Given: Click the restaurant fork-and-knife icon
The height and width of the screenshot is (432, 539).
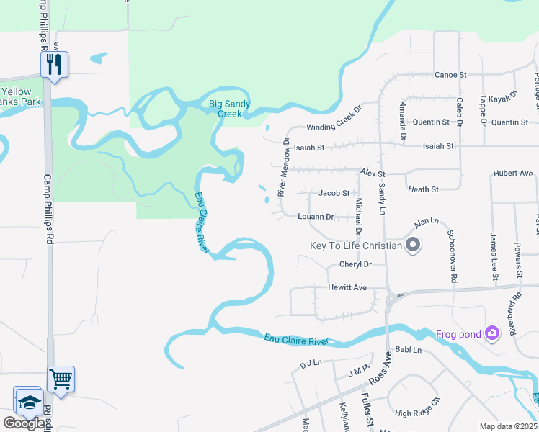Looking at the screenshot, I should [54, 64].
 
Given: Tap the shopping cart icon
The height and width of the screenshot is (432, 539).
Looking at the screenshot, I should [61, 378].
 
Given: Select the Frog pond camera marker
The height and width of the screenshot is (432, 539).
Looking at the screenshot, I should [492, 333].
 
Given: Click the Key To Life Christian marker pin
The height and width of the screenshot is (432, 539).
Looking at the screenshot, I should [413, 246].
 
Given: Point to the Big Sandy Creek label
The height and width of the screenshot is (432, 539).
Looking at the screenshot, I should [230, 109].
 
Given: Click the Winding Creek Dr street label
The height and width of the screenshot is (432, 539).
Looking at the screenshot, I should [332, 127].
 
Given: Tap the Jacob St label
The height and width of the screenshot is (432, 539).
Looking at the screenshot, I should [334, 193].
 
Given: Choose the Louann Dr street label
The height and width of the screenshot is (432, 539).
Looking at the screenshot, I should [316, 216].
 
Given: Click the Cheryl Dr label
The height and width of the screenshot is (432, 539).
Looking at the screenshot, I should [355, 264].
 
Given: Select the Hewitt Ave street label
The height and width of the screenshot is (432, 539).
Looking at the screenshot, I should [347, 287].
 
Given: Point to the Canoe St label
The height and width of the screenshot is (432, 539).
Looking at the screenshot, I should [451, 74].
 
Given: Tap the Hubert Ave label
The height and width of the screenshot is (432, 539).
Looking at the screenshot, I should [512, 174].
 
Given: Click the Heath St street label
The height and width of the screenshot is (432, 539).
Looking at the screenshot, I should [423, 189].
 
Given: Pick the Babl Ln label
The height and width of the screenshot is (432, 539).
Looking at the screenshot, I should [407, 350].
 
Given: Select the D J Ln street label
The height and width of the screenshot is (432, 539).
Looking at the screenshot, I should [311, 363].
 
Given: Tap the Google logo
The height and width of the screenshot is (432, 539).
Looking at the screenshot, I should [23, 423].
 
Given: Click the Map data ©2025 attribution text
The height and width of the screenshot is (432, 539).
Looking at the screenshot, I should [507, 426].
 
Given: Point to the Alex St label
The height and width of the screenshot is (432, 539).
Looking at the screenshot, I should [373, 174].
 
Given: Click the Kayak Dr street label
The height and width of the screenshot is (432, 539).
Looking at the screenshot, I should [503, 97].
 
